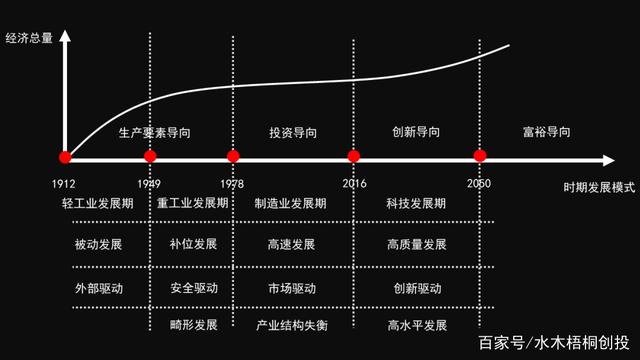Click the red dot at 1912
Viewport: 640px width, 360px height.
coord(65,157)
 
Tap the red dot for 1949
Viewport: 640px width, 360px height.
coord(150,157)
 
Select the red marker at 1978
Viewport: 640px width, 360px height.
coord(233,157)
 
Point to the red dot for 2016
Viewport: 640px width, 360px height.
coord(353,157)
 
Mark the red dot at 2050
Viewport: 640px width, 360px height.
coord(480,157)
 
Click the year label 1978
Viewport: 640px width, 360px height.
coord(231,184)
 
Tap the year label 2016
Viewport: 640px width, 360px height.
coord(354,184)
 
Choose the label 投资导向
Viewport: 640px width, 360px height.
coord(293,132)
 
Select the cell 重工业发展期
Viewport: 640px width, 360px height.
coord(193,204)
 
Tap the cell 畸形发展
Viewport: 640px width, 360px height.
coord(193,326)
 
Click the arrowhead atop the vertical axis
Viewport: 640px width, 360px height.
coord(65,36)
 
